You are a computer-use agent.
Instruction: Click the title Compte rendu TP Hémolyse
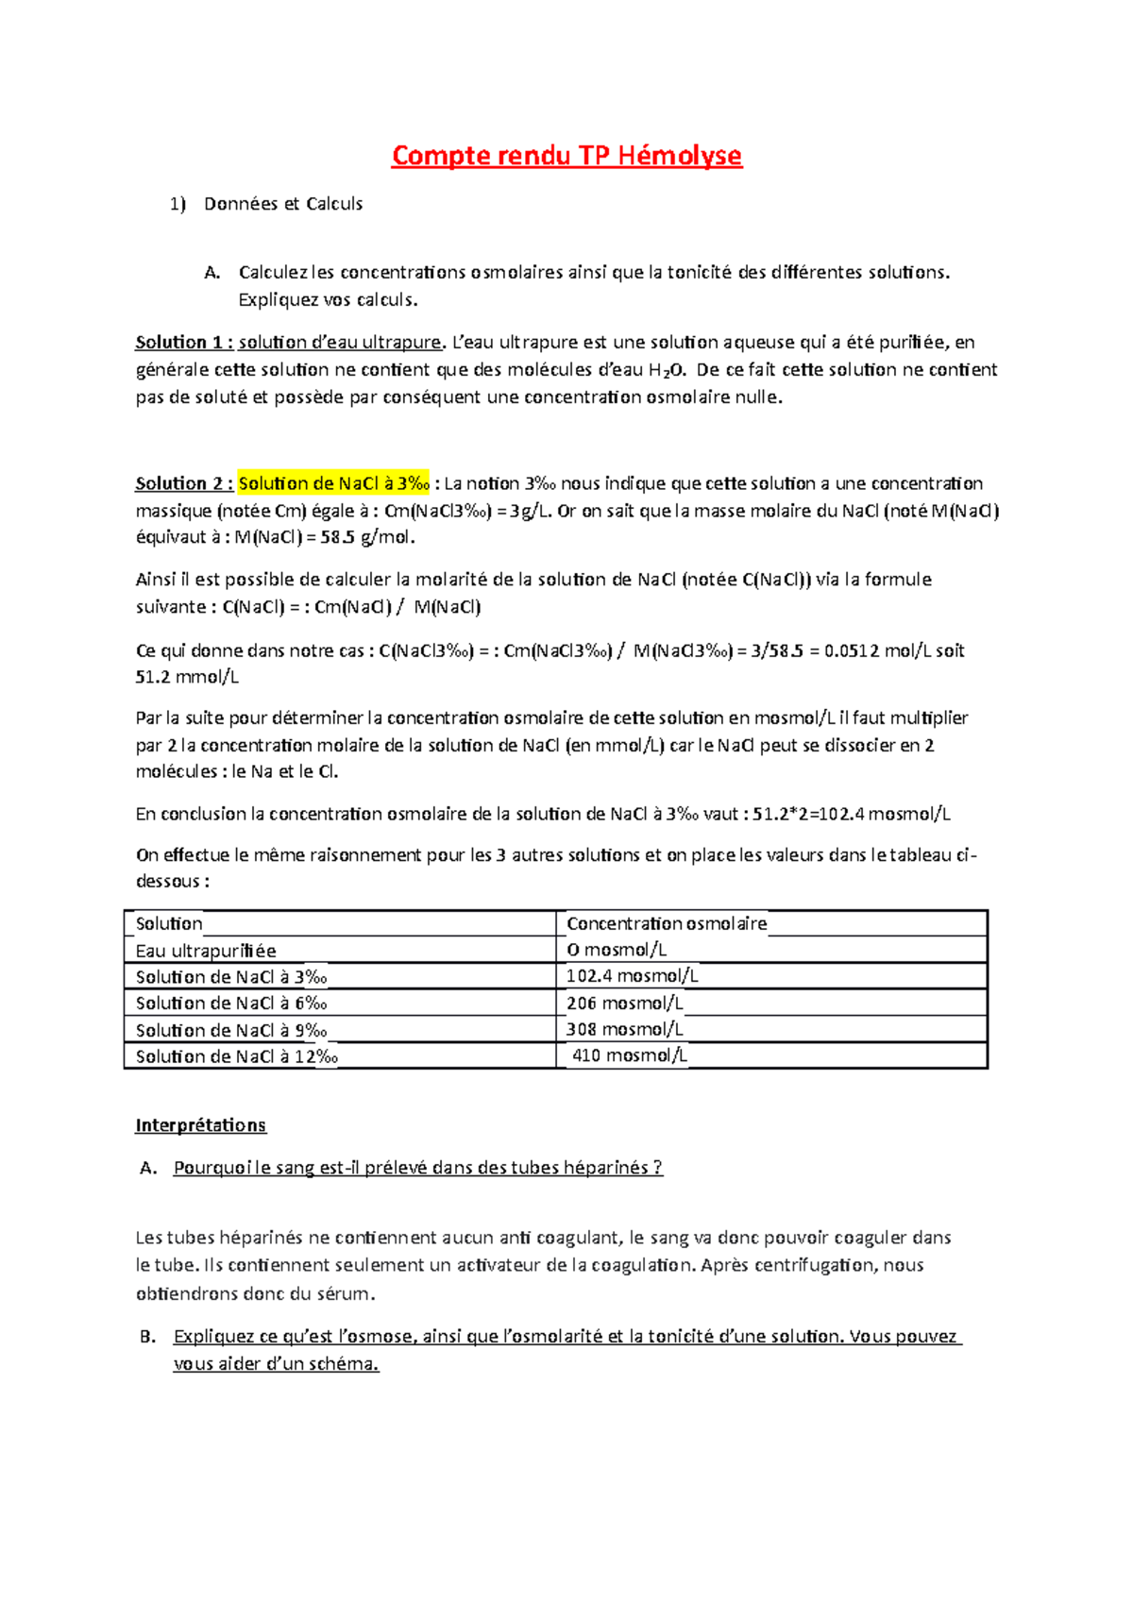coord(566,155)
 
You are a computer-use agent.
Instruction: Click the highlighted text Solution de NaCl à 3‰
coord(334,483)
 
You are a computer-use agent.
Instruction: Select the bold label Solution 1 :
coord(184,342)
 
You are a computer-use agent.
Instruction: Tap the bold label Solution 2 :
coord(184,483)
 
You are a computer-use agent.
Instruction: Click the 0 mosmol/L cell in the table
coord(617,950)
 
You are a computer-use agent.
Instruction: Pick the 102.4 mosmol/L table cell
coord(632,976)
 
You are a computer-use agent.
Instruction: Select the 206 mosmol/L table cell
coord(625,1003)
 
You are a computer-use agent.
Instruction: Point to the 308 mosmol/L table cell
coord(625,1029)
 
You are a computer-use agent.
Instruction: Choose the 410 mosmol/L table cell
coord(630,1055)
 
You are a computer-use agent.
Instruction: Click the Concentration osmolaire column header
coord(667,923)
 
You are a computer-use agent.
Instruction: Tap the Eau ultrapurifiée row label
coord(206,951)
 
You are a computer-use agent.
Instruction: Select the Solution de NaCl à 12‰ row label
coord(236,1056)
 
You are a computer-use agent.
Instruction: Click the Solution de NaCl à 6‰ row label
coord(231,1004)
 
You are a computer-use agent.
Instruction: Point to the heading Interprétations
coord(200,1125)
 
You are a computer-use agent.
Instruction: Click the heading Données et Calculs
coord(283,204)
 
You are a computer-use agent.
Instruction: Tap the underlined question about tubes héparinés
coord(417,1168)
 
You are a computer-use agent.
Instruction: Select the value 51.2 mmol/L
coord(187,677)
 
